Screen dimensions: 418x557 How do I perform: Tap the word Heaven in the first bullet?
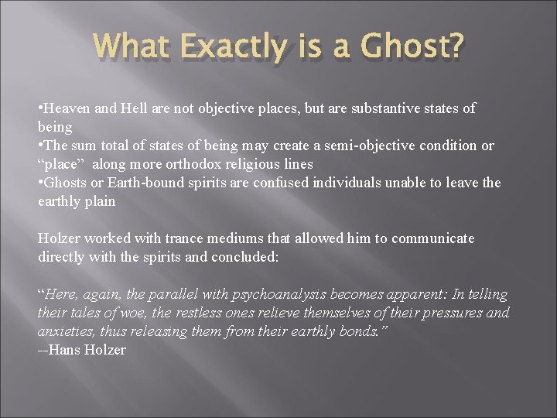[67, 108]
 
